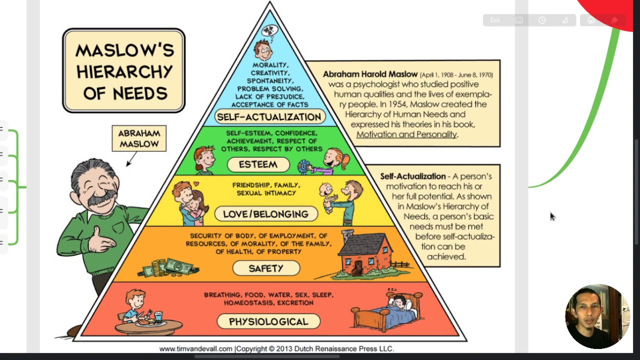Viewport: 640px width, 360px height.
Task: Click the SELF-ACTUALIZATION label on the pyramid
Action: tap(268, 117)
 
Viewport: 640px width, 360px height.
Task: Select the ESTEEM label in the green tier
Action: tap(258, 164)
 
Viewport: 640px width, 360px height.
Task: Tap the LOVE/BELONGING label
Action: tap(265, 214)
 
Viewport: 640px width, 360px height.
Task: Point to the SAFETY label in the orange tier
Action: tap(266, 268)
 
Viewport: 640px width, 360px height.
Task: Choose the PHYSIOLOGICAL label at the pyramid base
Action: tap(268, 321)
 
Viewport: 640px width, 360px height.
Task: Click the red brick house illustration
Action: tap(365, 255)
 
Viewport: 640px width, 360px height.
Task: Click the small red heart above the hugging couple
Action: tap(196, 183)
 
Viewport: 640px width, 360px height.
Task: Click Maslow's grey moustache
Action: tap(98, 199)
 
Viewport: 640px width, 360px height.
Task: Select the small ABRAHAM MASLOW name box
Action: tap(139, 138)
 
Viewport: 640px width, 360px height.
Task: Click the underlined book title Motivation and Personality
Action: tap(406, 134)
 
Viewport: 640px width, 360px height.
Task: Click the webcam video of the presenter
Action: tap(597, 316)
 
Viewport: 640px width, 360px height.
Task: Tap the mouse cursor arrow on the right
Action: tap(552, 216)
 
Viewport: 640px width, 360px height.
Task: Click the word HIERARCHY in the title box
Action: tap(124, 72)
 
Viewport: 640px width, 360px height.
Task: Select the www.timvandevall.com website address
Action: tap(196, 349)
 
